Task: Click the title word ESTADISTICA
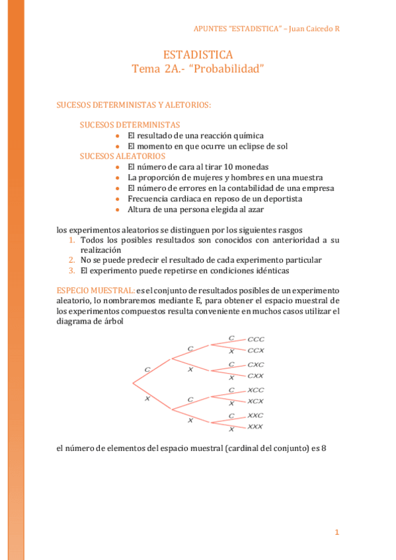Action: coord(198,55)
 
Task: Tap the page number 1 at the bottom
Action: coord(337,532)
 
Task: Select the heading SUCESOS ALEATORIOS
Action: coord(122,157)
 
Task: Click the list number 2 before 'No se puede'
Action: coord(73,260)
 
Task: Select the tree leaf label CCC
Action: coord(256,339)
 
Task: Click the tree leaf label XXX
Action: coord(255,427)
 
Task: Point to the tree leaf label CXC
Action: coord(256,365)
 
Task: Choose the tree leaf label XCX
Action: coord(255,401)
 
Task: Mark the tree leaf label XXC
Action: coord(255,415)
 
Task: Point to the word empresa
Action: coord(319,188)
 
